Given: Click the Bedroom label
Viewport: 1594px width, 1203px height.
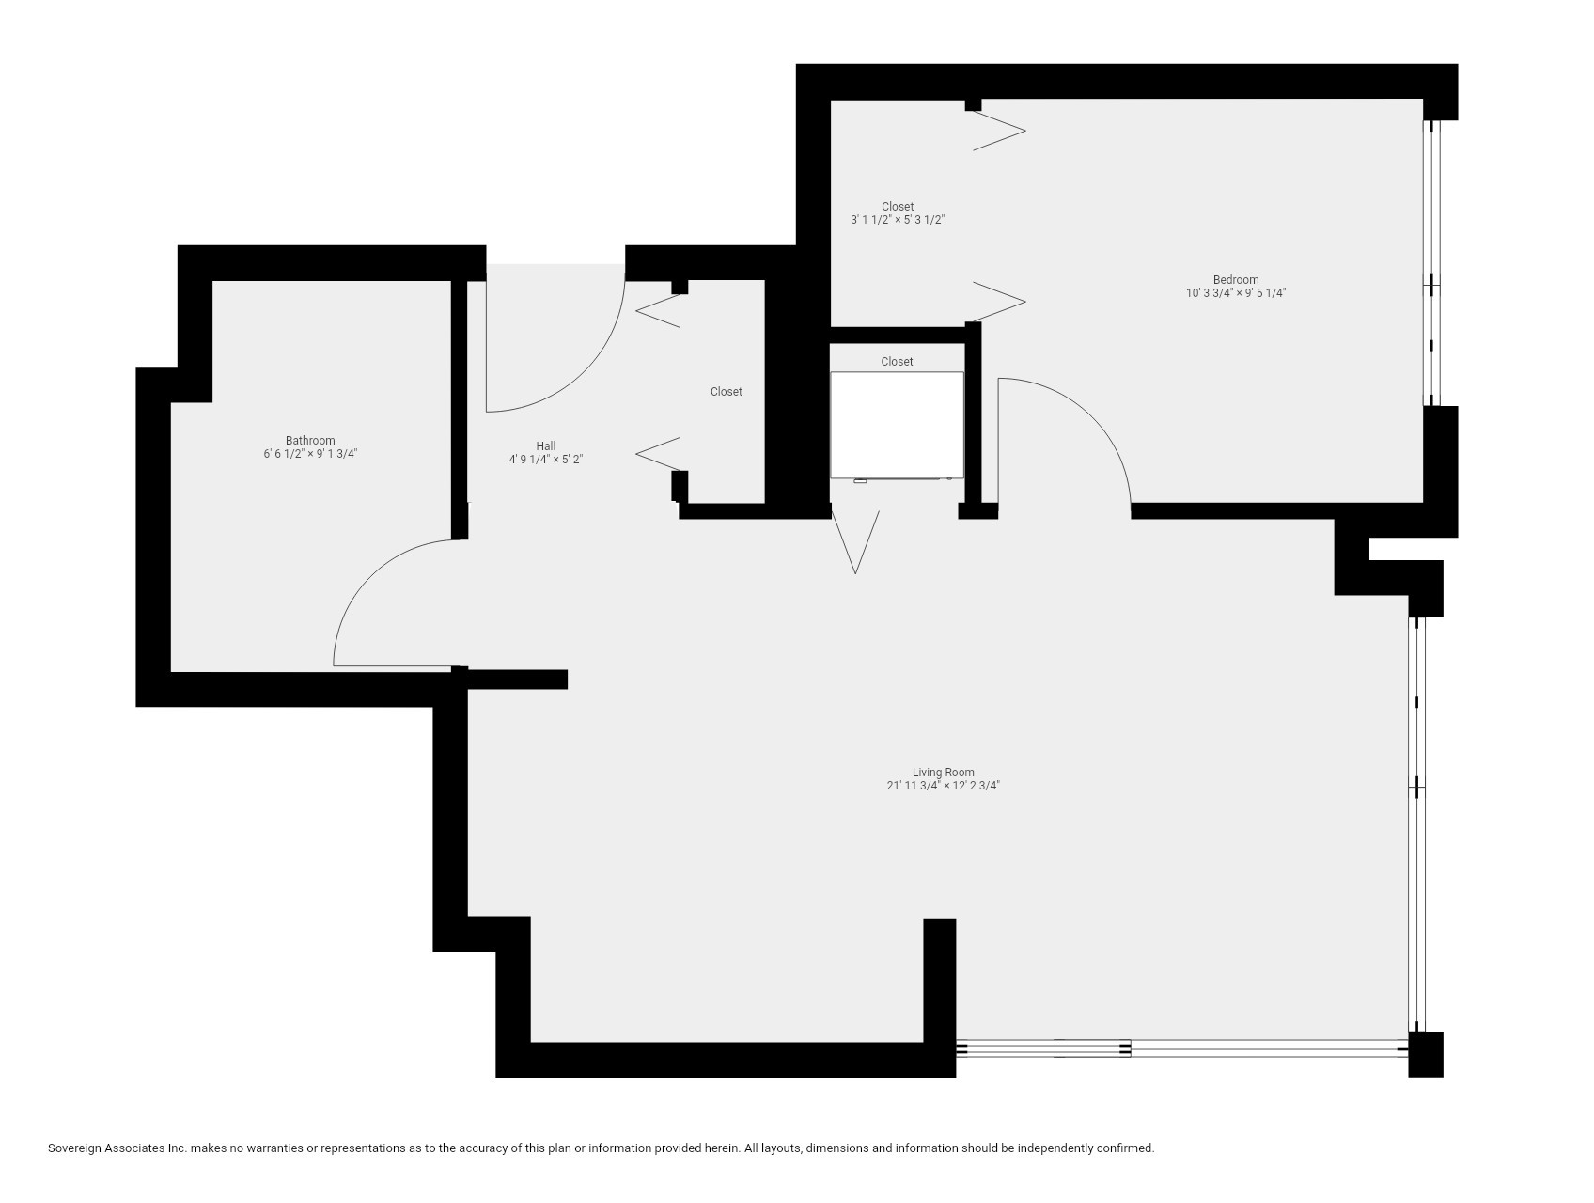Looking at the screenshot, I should point(1235,280).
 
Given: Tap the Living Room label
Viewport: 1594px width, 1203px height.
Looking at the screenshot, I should point(943,773).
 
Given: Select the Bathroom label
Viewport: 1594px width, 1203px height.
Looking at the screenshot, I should point(310,441).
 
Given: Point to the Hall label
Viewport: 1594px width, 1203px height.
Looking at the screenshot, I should point(546,446).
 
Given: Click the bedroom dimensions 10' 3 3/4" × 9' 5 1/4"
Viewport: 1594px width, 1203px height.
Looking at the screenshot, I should point(1235,293).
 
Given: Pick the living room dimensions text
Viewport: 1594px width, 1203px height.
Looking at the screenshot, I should point(943,786).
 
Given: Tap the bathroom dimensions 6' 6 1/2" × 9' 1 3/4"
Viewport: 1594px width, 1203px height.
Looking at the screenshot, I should point(310,454).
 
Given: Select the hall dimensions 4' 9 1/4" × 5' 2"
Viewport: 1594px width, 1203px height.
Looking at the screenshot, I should point(546,460).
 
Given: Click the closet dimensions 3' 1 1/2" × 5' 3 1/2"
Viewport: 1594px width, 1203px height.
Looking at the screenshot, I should point(897,220).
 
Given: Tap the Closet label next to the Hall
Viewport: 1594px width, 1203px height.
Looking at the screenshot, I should point(726,392).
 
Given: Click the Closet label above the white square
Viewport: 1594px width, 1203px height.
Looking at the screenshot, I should point(897,362).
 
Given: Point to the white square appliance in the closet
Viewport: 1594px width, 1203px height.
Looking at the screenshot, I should point(897,425).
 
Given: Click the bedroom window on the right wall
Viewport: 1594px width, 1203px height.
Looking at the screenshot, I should point(1432,263).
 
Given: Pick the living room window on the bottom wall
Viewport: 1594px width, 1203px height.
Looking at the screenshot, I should point(1180,1049).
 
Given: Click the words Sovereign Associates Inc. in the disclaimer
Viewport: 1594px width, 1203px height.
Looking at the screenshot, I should point(117,1148).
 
